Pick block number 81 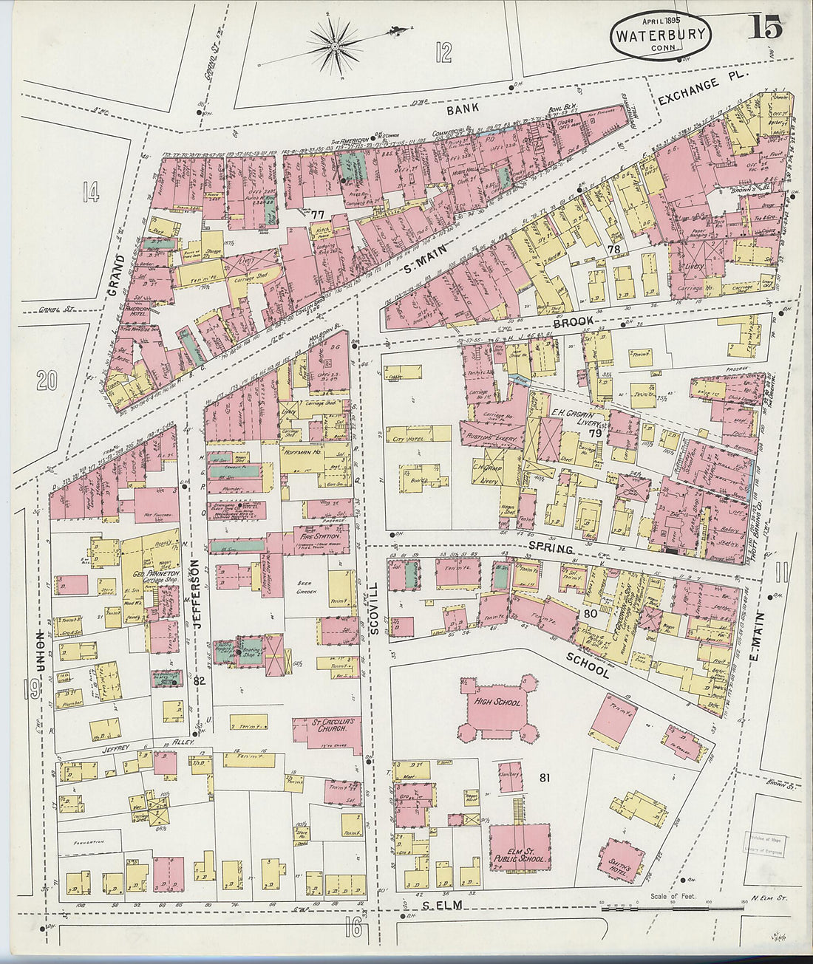[x=546, y=777]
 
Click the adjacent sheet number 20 [x=47, y=380]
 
